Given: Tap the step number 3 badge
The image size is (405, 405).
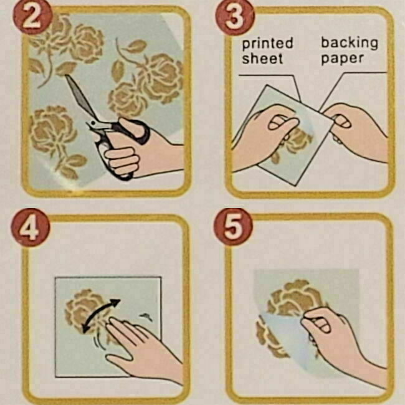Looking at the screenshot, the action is (234, 18).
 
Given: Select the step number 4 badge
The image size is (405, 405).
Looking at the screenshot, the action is (31, 227).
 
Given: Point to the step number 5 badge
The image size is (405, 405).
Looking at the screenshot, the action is (233, 227).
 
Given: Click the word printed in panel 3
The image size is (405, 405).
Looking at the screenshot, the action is (267, 44).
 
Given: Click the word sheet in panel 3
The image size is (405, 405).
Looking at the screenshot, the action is (262, 58).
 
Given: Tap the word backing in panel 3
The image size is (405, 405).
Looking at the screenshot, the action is (349, 42).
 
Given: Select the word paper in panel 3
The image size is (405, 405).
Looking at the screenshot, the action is (342, 59).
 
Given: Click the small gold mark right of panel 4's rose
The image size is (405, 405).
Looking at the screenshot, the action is (146, 317).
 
